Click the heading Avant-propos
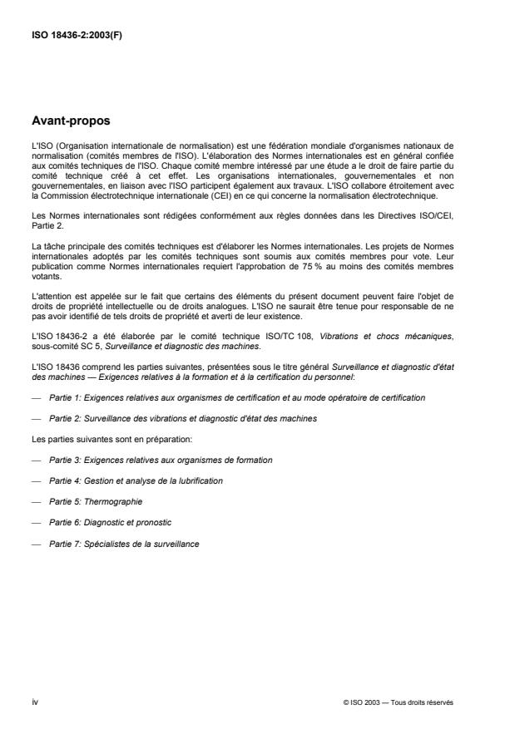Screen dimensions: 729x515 tap(71, 121)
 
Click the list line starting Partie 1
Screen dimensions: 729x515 tap(237, 398)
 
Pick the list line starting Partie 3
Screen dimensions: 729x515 tap(161, 459)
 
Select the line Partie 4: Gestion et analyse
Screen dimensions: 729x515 tap(136, 480)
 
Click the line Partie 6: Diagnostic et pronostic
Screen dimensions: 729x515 tap(111, 523)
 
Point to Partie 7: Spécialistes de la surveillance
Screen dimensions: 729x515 tap(123, 544)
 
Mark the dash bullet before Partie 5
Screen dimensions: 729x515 tap(34, 502)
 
